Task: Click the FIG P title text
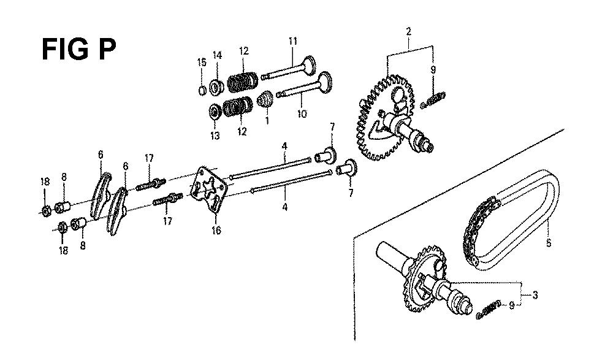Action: [x=78, y=49]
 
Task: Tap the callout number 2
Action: [x=408, y=31]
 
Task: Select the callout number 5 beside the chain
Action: [x=549, y=243]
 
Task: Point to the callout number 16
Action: [x=216, y=231]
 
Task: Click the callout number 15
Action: [x=201, y=62]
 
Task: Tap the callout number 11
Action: [x=293, y=41]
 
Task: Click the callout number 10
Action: [x=302, y=114]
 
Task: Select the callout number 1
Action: [x=267, y=120]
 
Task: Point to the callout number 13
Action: [x=215, y=136]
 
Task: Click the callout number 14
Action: [x=218, y=55]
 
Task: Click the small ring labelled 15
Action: [x=202, y=90]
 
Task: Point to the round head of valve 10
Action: [x=325, y=82]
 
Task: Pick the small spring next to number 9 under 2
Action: [x=433, y=100]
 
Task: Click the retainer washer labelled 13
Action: [x=215, y=112]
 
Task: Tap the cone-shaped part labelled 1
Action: [x=266, y=99]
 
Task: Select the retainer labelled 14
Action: [x=216, y=87]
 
